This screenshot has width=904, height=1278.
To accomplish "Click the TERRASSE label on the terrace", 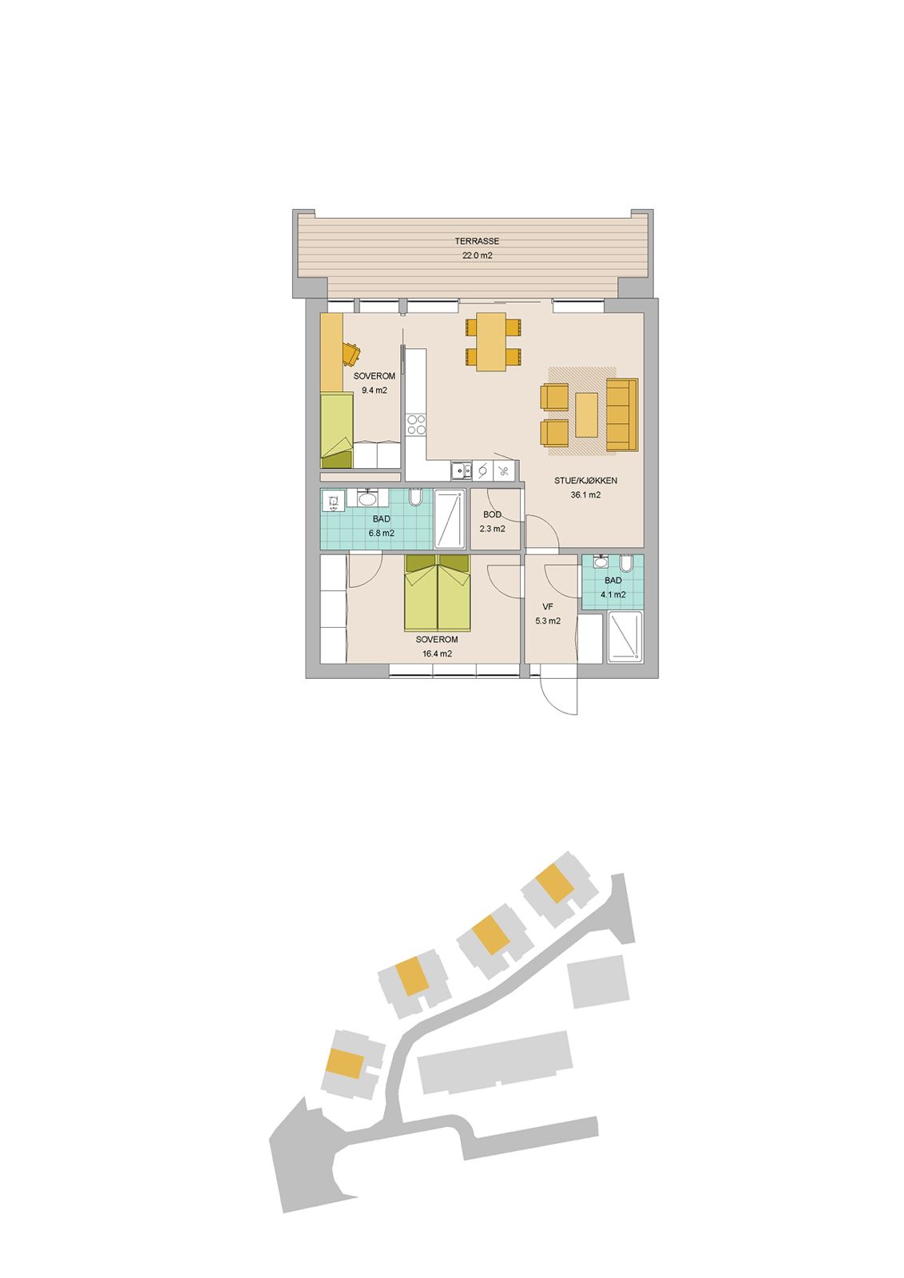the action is click(477, 241).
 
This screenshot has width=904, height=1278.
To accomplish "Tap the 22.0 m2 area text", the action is click(477, 256).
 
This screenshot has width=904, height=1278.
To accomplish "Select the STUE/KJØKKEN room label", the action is click(585, 480).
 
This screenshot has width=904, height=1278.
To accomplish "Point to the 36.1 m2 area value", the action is click(585, 495).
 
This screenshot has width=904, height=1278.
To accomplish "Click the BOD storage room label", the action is click(492, 514).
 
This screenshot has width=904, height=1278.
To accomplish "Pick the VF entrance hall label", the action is click(548, 606).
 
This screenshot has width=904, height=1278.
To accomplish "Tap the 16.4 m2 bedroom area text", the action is click(437, 654).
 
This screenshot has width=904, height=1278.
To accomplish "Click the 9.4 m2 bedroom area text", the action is click(375, 391).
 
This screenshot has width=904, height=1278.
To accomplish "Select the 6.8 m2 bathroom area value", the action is click(382, 534).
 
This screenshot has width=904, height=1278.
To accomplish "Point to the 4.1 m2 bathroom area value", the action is click(613, 594).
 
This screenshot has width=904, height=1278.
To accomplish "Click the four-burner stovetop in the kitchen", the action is click(415, 424).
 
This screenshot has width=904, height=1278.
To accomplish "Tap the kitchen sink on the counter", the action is click(461, 470).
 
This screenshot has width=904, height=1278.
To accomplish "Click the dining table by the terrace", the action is click(494, 341).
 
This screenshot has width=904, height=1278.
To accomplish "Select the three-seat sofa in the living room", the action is click(621, 415).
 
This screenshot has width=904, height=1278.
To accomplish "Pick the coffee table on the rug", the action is click(587, 415).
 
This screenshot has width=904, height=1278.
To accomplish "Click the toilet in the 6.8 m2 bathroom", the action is click(415, 498).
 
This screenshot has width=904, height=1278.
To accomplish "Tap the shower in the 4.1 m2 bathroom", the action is click(625, 637).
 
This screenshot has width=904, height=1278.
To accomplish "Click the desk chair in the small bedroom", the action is click(351, 352).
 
